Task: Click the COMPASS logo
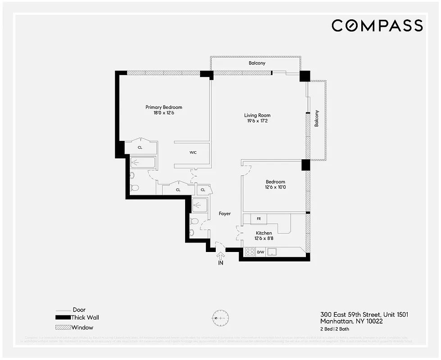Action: coord(377,26)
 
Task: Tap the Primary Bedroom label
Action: coord(164,107)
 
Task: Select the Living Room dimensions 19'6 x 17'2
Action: coord(257,121)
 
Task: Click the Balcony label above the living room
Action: coord(257,63)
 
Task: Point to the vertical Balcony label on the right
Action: coord(317,118)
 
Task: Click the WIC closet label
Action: coord(193,153)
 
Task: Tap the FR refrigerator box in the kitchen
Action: coord(259,219)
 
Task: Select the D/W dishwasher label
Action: coord(260,252)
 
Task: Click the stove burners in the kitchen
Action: coord(250,252)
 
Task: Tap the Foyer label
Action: coord(225,214)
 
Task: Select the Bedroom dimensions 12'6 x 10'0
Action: coord(275,187)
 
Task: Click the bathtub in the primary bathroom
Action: coord(142,162)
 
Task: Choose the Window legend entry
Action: coord(82,327)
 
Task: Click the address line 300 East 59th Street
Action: coord(364,315)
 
